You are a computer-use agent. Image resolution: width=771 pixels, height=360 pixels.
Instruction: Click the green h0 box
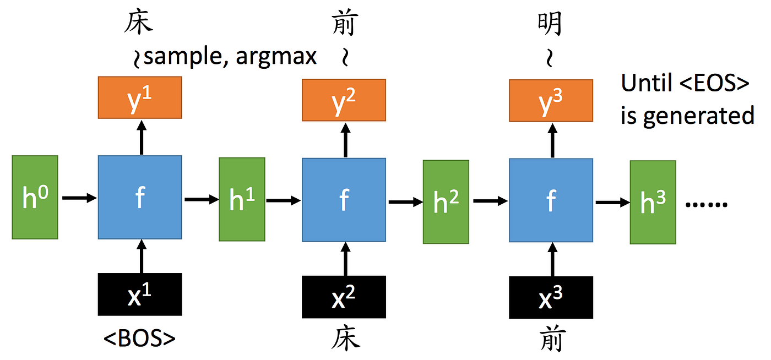click(x=34, y=197)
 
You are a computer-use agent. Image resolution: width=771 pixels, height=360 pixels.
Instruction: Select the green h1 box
click(x=242, y=199)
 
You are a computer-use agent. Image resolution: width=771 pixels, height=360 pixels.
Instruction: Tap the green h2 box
click(x=446, y=201)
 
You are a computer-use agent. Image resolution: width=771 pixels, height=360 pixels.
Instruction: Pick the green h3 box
click(x=653, y=202)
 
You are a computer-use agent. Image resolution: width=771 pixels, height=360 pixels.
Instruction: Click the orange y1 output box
click(x=140, y=97)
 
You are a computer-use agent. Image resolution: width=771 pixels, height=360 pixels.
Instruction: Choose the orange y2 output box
click(x=344, y=100)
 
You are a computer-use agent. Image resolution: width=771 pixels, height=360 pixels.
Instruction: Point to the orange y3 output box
click(x=551, y=100)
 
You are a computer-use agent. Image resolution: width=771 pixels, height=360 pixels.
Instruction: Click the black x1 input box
click(x=140, y=294)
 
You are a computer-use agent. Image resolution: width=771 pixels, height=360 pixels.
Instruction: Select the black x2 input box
click(x=344, y=297)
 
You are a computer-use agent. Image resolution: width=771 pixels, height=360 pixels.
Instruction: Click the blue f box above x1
click(x=140, y=197)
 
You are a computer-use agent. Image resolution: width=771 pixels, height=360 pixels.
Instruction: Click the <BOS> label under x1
click(x=140, y=339)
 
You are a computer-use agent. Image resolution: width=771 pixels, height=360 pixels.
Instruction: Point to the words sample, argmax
click(x=230, y=57)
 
